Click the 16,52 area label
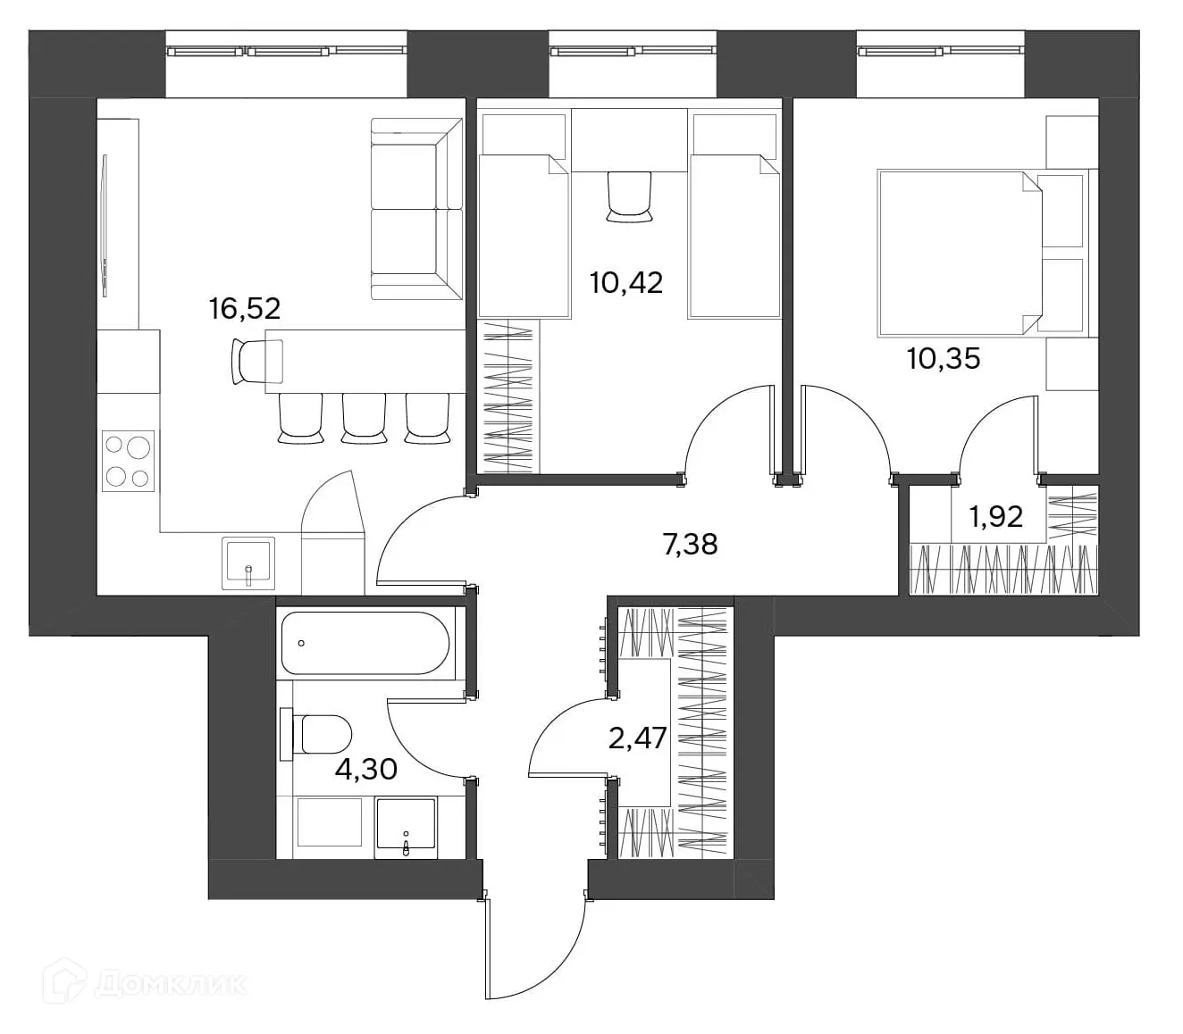[x=245, y=308]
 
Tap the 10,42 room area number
[x=626, y=282]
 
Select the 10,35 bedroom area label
[x=944, y=358]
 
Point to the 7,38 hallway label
[x=690, y=544]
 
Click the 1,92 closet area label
[x=996, y=516]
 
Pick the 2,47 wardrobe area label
[x=638, y=738]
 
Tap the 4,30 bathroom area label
[x=366, y=769]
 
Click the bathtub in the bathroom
[x=365, y=643]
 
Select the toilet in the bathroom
[x=317, y=734]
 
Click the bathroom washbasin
[x=406, y=828]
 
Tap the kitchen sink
[x=248, y=563]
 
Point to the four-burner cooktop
[x=129, y=461]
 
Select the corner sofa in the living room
[x=416, y=209]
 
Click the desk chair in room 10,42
[x=630, y=196]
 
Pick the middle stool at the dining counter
[x=364, y=418]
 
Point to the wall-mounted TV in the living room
[x=105, y=226]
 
